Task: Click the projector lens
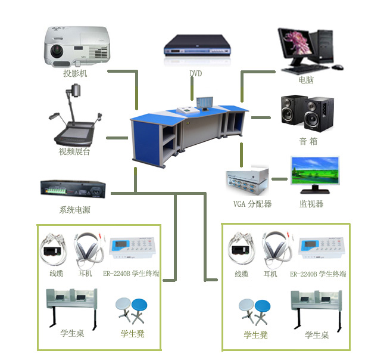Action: [x=58, y=49]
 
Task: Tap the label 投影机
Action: [x=75, y=74]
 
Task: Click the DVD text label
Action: [x=196, y=74]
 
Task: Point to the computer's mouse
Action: [x=338, y=66]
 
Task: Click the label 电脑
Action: [x=306, y=80]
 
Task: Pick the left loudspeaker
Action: [x=293, y=112]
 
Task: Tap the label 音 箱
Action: [x=308, y=142]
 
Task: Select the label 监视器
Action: [x=311, y=204]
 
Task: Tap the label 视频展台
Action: [x=74, y=151]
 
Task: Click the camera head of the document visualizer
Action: [x=76, y=91]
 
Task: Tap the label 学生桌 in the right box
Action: [x=317, y=335]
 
